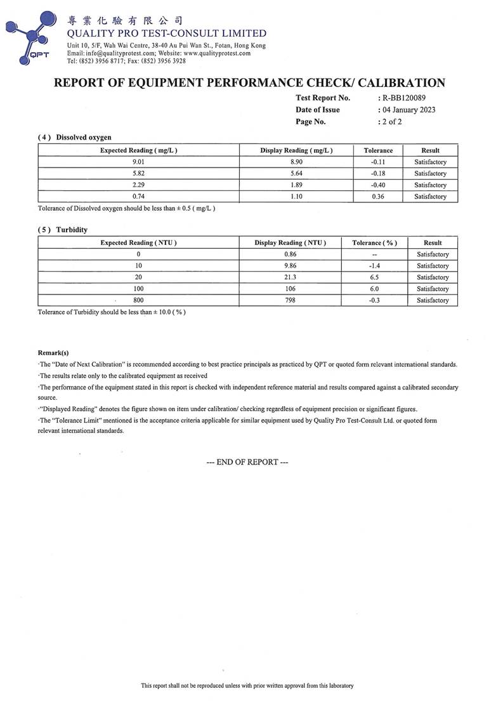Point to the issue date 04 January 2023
pyautogui.click(x=408, y=110)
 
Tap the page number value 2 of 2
pyautogui.click(x=391, y=121)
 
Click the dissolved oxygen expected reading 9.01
pyautogui.click(x=138, y=162)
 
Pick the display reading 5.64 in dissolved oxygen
pyautogui.click(x=296, y=174)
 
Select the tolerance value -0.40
pyautogui.click(x=378, y=185)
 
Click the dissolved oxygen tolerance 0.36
pyautogui.click(x=378, y=197)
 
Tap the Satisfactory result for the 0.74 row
pyautogui.click(x=430, y=197)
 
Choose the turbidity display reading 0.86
pyautogui.click(x=290, y=254)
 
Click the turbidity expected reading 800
pyautogui.click(x=138, y=300)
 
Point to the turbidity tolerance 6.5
pyautogui.click(x=374, y=277)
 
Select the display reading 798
pyautogui.click(x=290, y=300)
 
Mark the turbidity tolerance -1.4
pyautogui.click(x=374, y=266)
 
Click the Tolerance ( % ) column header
pyautogui.click(x=374, y=243)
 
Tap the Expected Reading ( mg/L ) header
pyautogui.click(x=138, y=150)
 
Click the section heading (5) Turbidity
pyautogui.click(x=63, y=230)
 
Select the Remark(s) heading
pyautogui.click(x=53, y=352)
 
